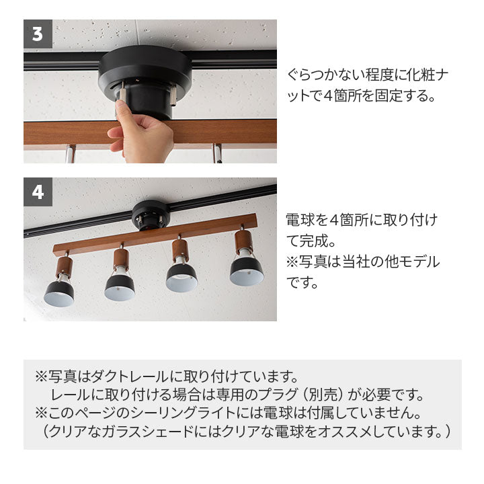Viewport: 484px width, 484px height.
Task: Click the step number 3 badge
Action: [38, 34]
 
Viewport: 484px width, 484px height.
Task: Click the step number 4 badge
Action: [38, 192]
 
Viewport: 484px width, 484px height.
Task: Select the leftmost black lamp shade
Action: [59, 294]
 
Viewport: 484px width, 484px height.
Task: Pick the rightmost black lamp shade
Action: [247, 271]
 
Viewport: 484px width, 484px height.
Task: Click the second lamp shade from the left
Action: [120, 287]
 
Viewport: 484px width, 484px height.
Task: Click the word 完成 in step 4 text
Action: [317, 240]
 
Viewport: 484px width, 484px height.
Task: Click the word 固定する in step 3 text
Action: [409, 95]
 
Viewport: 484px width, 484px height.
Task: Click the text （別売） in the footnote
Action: [327, 393]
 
